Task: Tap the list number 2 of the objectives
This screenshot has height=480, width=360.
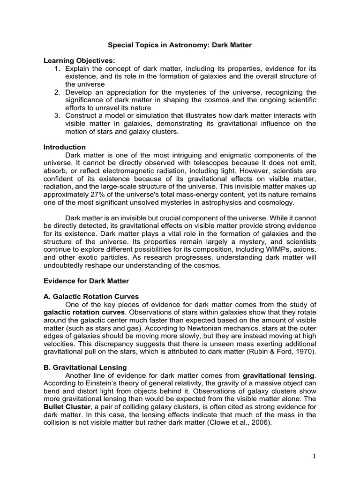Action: [58, 92]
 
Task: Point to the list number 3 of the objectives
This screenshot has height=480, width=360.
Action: [58, 115]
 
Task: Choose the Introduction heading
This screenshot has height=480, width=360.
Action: [64, 147]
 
